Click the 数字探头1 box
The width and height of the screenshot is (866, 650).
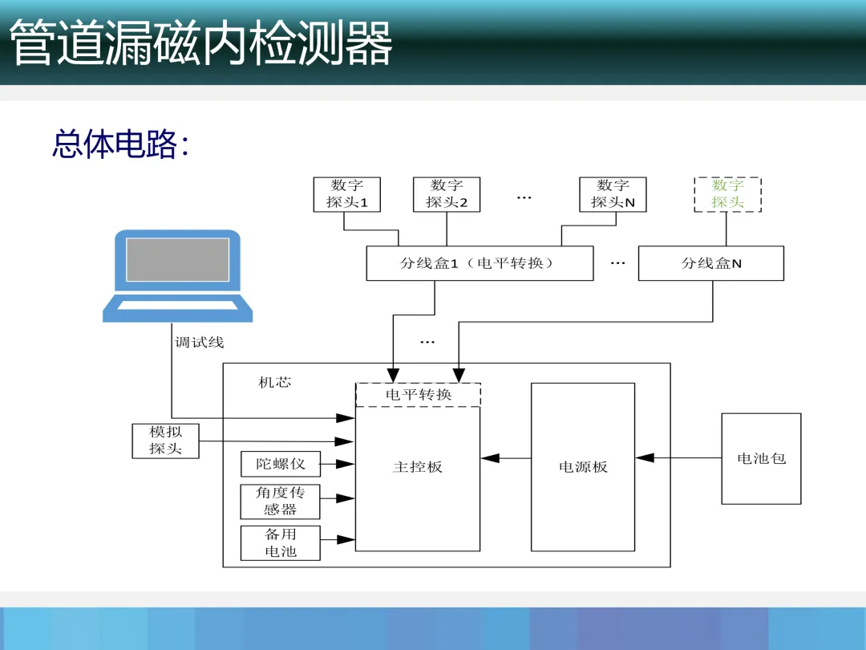click(346, 194)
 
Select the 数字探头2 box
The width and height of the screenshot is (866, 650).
click(447, 194)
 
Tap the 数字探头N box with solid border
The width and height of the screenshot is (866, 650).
click(613, 194)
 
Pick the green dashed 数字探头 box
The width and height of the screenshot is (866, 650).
click(727, 194)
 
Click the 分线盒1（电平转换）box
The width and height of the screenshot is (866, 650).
click(480, 263)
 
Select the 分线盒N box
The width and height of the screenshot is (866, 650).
click(710, 263)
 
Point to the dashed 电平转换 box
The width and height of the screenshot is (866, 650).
click(418, 395)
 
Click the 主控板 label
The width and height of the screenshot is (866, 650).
click(418, 467)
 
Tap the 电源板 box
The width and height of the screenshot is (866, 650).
click(583, 467)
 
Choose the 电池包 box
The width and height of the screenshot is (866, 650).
click(761, 458)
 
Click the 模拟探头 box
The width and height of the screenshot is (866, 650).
click(165, 441)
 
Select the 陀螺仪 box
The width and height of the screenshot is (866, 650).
click(280, 464)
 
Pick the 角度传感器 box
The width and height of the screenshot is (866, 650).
click(280, 502)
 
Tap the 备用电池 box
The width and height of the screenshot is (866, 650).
click(280, 543)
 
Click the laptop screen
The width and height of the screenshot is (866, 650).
click(177, 259)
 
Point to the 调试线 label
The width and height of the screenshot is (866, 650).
click(200, 343)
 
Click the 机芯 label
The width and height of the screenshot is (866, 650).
click(274, 383)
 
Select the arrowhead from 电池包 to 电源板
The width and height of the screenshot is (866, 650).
click(645, 458)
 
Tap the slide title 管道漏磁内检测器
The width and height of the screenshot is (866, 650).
click(200, 43)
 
